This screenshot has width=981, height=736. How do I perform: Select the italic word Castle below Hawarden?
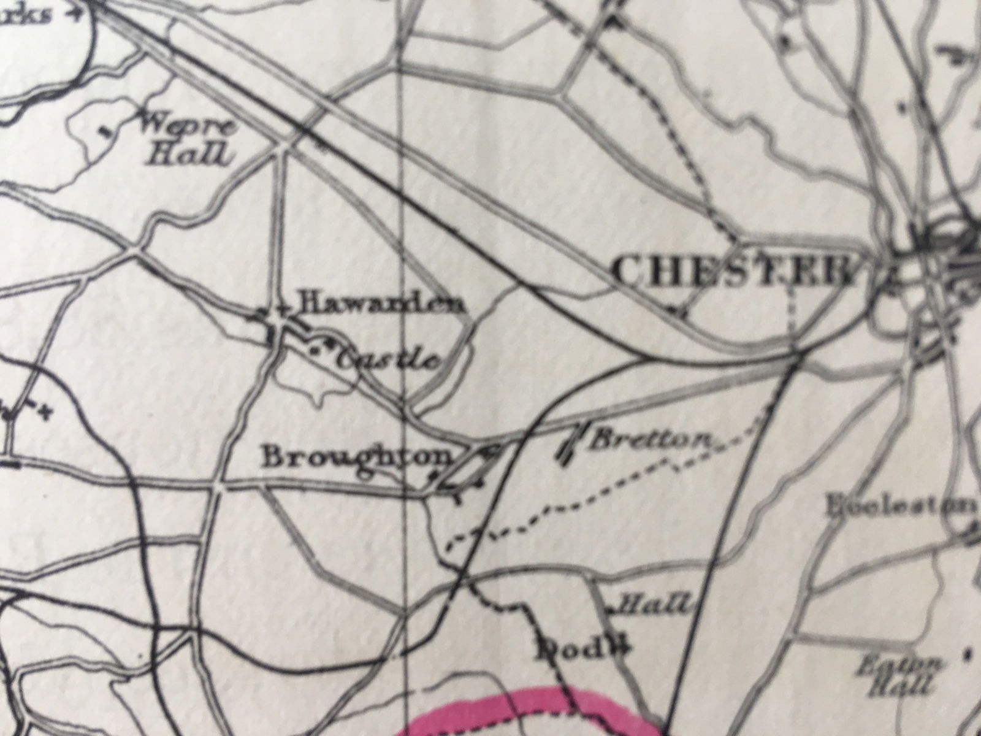pyautogui.click(x=389, y=359)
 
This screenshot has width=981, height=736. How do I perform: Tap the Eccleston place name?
pyautogui.click(x=901, y=507)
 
